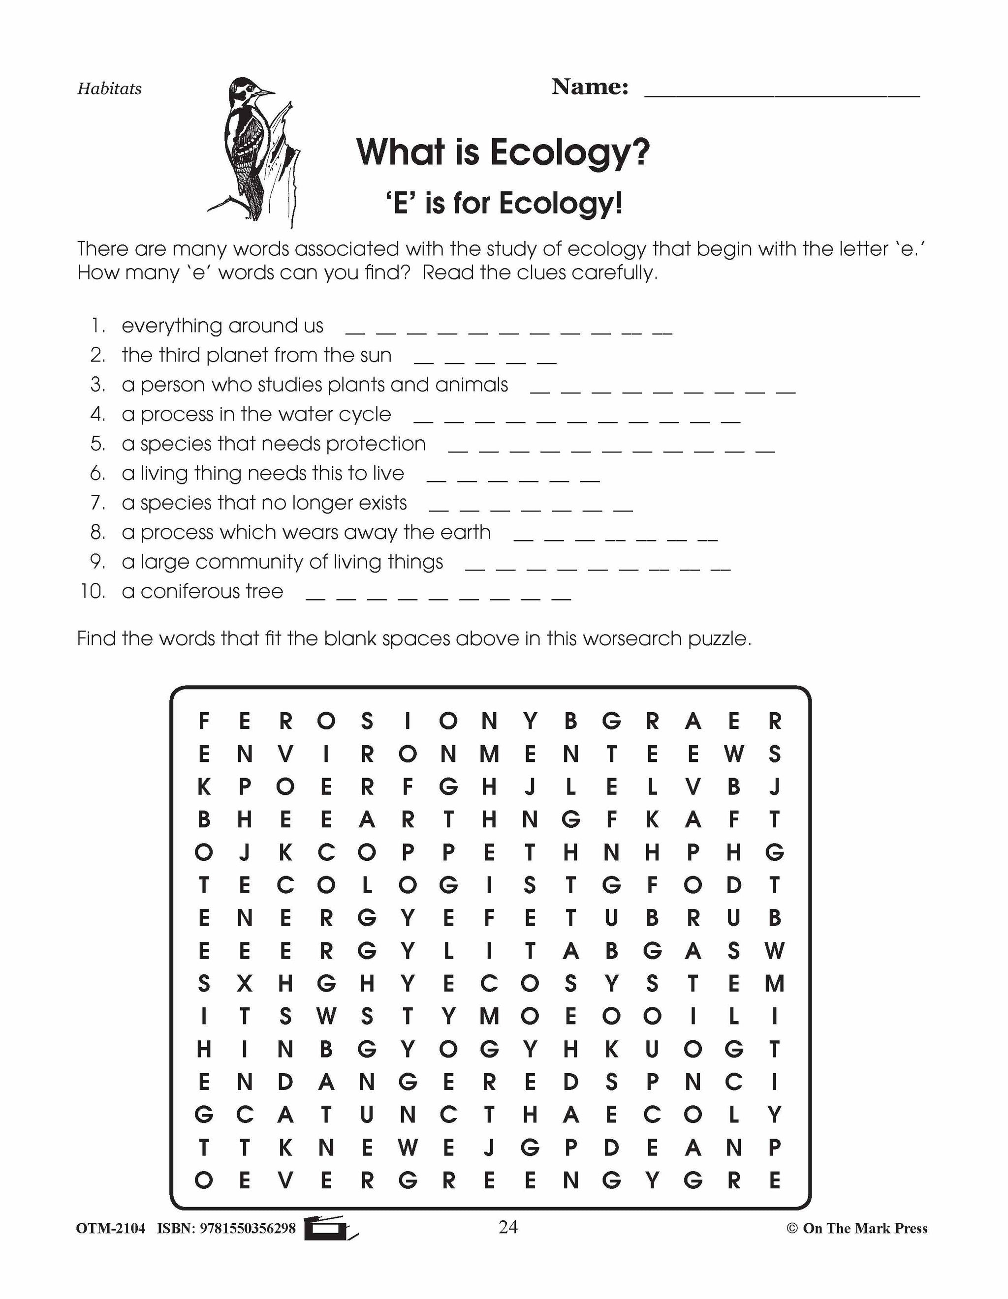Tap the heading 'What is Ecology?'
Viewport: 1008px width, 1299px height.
(x=503, y=152)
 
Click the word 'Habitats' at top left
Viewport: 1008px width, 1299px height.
(x=109, y=89)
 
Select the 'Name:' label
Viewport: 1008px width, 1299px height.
(x=590, y=88)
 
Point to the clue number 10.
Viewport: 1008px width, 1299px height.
(x=93, y=592)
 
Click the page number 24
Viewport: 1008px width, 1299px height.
(x=507, y=1227)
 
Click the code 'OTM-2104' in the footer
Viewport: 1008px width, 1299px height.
(x=111, y=1229)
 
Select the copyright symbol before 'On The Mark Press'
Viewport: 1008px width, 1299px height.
(x=791, y=1229)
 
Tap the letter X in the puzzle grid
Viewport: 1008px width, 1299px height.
(x=244, y=984)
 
